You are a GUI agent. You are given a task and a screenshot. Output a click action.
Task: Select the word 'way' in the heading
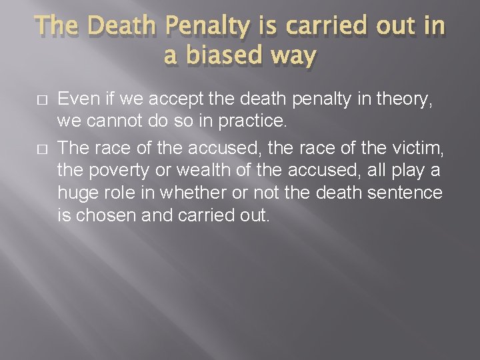coord(292,56)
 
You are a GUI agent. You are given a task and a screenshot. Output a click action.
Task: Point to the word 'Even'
coord(75,100)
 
